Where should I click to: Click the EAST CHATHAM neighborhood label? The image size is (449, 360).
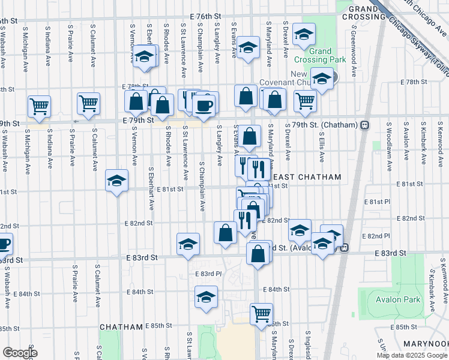tap(306, 177)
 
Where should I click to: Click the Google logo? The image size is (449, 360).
tap(20, 352)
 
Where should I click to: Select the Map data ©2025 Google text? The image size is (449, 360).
tap(412, 355)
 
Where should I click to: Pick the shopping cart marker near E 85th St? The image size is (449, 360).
tap(261, 313)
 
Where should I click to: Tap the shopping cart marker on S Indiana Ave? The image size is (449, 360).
tap(40, 106)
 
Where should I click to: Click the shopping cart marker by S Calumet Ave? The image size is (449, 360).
tap(88, 103)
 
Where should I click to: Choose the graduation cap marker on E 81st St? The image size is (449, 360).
tap(116, 181)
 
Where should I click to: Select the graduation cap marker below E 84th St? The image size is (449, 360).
tap(206, 297)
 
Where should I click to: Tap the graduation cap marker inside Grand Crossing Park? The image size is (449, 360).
tap(304, 35)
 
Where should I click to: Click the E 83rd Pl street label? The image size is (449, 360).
tap(209, 274)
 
